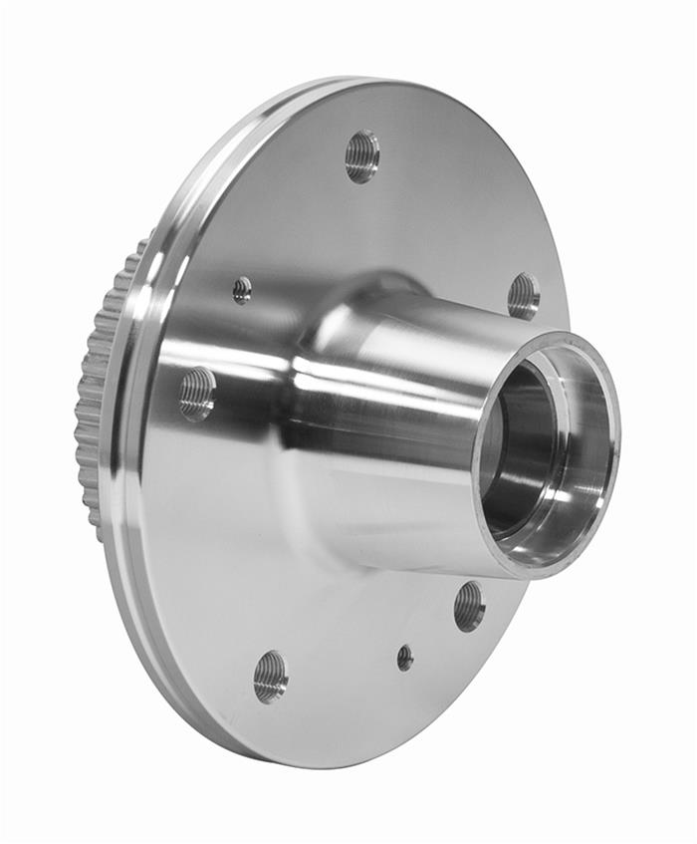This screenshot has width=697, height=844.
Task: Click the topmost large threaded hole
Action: click(362, 156)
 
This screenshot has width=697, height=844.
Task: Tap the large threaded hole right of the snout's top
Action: click(523, 296)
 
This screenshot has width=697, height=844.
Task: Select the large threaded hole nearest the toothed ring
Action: click(197, 392)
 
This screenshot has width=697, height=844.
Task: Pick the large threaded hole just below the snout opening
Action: click(469, 606)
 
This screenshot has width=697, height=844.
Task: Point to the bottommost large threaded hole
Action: click(270, 677)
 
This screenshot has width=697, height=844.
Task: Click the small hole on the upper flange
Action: click(242, 290)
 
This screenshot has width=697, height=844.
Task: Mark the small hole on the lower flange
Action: click(404, 657)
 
